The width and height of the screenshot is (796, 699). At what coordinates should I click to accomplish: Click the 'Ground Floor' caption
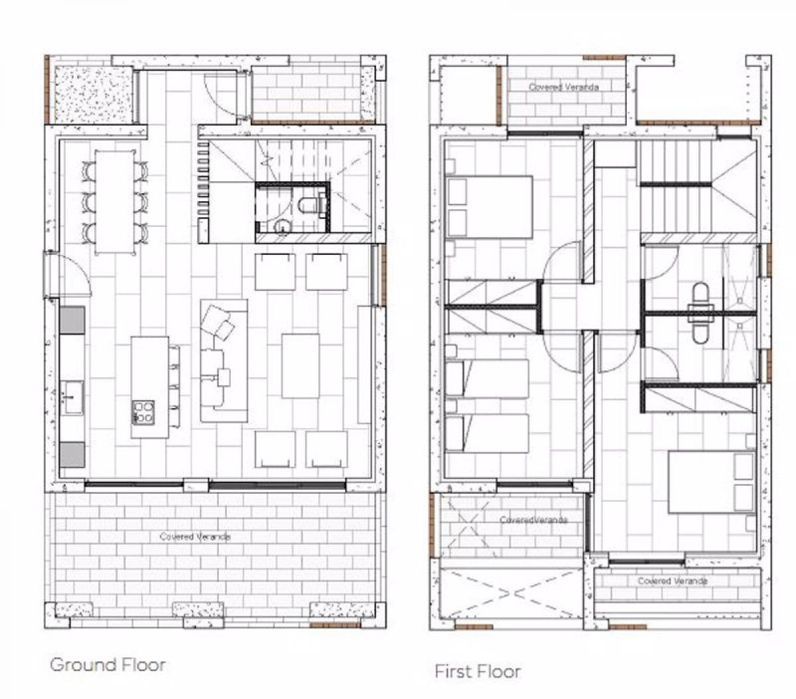click(107, 664)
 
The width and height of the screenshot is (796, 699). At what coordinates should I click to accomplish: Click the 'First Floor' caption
click(478, 671)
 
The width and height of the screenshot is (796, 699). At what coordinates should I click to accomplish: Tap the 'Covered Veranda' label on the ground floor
click(195, 536)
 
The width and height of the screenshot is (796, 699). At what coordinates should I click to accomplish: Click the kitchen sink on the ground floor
click(72, 397)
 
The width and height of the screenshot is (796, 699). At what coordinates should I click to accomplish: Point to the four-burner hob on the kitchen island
click(143, 412)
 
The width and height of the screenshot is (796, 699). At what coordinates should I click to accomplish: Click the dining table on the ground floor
click(115, 202)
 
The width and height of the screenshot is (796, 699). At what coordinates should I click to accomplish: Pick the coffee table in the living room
click(300, 366)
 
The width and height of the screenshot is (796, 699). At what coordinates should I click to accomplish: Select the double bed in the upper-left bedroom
click(490, 207)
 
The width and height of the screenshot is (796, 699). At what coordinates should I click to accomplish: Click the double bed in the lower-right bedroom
click(712, 482)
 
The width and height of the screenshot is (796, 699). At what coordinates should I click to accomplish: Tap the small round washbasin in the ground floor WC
click(282, 226)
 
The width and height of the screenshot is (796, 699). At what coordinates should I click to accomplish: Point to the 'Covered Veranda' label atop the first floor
click(564, 87)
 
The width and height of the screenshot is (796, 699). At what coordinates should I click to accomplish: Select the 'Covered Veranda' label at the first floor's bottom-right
click(673, 581)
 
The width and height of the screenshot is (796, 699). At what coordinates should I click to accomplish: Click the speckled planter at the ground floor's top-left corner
click(94, 94)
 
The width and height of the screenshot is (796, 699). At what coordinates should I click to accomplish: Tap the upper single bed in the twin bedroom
click(487, 379)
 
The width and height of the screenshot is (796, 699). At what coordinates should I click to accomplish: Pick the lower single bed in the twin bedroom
click(487, 433)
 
